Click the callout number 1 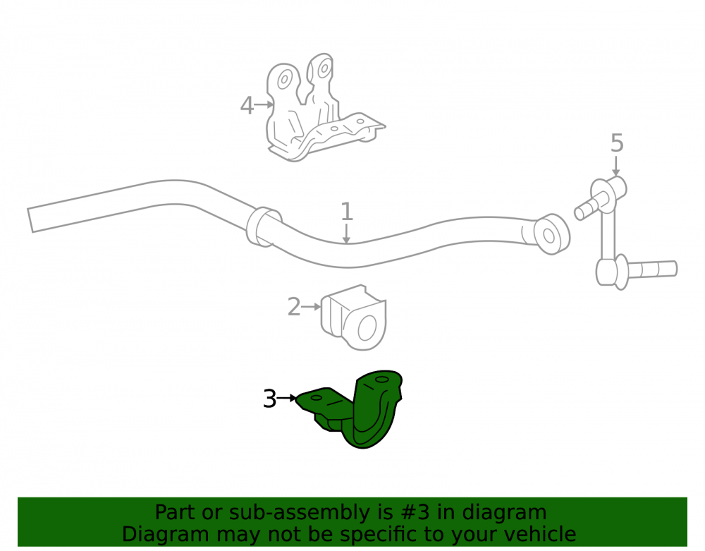[x=346, y=212]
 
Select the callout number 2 [x=294, y=307]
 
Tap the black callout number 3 [x=270, y=399]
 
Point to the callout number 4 [x=247, y=106]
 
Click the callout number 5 [x=617, y=143]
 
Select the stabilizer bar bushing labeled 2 [x=353, y=317]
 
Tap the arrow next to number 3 [x=287, y=398]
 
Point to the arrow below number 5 [x=616, y=166]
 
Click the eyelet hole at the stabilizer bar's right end [x=549, y=236]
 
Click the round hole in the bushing [x=367, y=328]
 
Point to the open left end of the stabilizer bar [x=30, y=220]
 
